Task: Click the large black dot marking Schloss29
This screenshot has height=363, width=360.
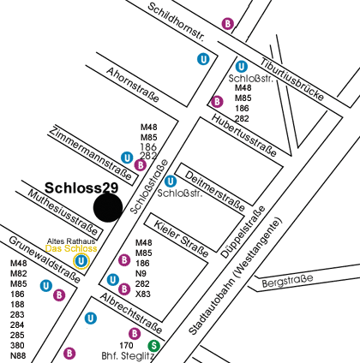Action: coord(109,208)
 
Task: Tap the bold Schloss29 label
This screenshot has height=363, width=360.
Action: coord(81,187)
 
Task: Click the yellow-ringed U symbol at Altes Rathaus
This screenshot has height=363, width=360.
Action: coord(81,260)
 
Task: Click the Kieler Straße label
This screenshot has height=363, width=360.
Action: coord(182,239)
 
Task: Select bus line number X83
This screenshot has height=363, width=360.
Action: coord(143,294)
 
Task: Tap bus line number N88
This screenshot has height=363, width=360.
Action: coord(19,355)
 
